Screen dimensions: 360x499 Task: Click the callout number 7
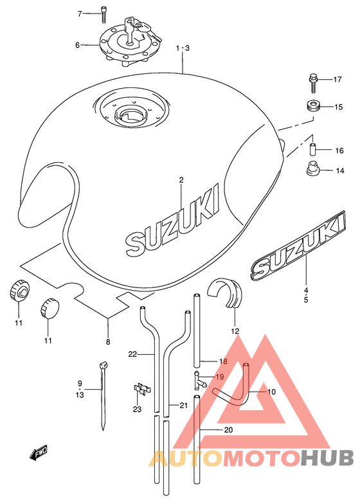[80, 14]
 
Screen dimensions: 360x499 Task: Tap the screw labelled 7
[104, 15]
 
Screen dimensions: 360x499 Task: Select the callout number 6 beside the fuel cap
[77, 45]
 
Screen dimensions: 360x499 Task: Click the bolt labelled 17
[314, 83]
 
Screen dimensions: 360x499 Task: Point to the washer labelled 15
[313, 106]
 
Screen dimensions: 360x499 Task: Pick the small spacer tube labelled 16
[313, 150]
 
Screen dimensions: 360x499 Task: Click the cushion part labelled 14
[314, 168]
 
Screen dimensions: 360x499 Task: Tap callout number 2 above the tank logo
[181, 181]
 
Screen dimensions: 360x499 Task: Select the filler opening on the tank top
[130, 115]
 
